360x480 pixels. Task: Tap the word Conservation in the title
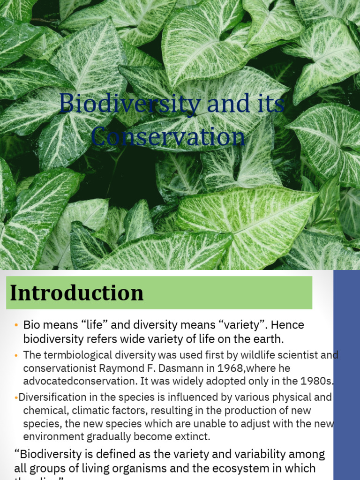[x=168, y=137]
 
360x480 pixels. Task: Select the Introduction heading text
[x=77, y=293]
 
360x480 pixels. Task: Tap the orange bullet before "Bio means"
[x=16, y=325]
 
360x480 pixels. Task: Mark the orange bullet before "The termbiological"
[x=16, y=355]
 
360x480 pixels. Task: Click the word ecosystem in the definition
[x=240, y=468]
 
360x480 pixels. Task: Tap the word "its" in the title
[x=270, y=104]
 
